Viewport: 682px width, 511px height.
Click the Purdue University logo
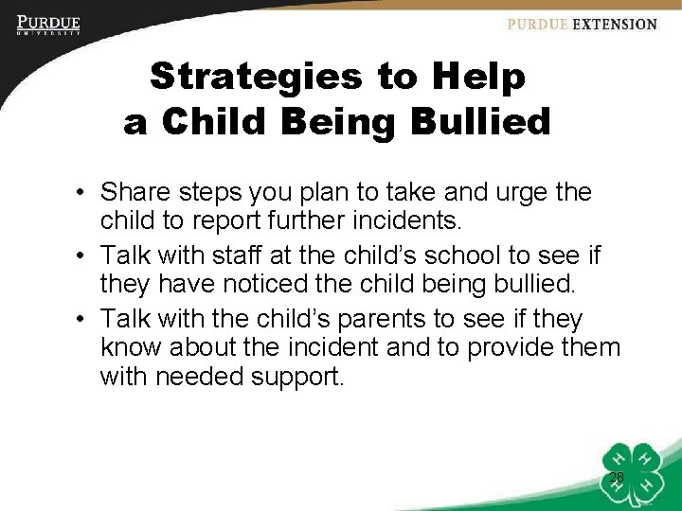[48, 25]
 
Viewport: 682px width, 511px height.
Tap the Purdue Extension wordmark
[582, 25]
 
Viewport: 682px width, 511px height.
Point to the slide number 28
[617, 478]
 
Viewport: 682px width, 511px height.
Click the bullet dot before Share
[84, 194]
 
